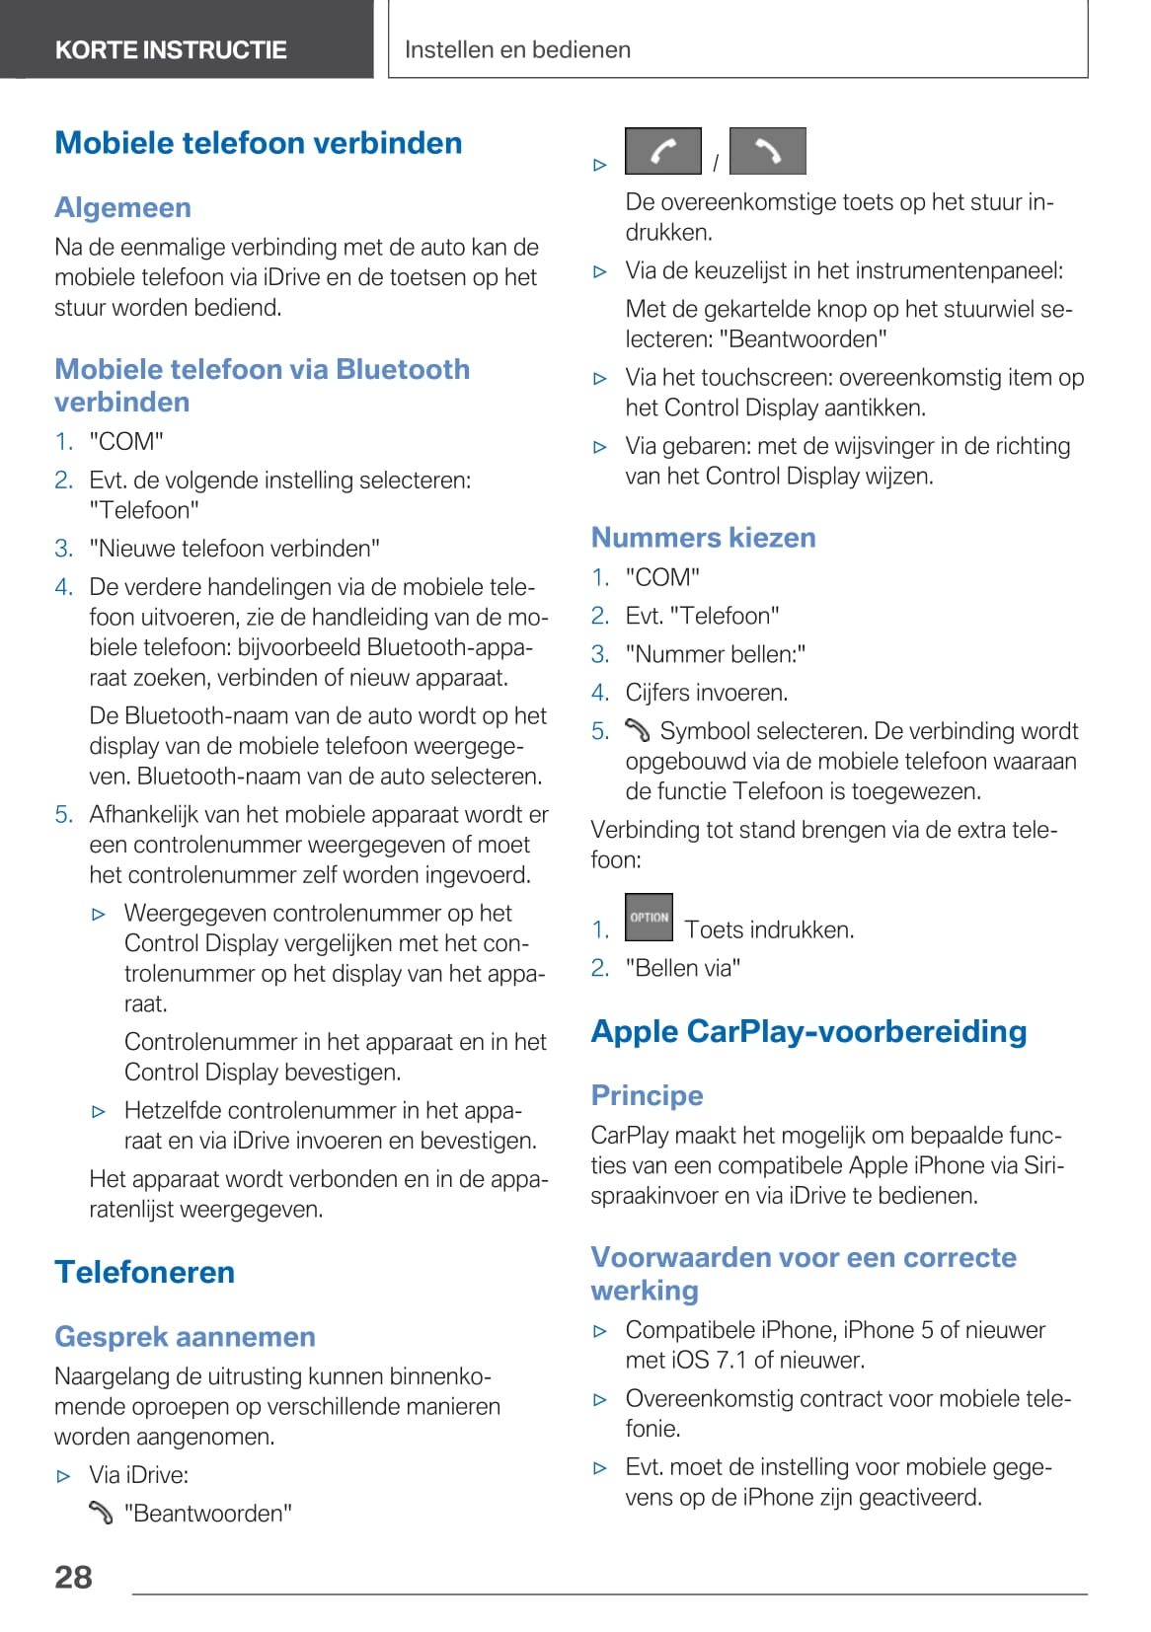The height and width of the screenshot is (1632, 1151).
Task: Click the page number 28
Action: click(73, 1577)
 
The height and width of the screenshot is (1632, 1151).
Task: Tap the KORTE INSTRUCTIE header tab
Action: click(171, 49)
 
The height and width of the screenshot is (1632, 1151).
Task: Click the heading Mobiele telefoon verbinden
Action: click(258, 143)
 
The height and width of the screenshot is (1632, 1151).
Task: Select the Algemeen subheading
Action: click(122, 207)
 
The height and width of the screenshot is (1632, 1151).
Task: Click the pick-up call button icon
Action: click(663, 151)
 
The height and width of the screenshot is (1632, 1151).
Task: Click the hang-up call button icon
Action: click(767, 151)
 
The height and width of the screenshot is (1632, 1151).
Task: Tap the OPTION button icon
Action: click(649, 918)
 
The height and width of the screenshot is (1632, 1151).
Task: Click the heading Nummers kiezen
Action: click(703, 538)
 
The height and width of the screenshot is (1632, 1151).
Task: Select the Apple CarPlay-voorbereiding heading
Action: click(808, 1031)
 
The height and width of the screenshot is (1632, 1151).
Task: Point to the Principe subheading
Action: click(647, 1095)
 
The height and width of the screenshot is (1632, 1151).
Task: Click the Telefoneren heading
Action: click(144, 1272)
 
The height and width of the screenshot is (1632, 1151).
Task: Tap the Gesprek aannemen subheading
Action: click(185, 1337)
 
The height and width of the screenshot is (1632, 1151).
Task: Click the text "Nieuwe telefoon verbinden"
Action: click(234, 549)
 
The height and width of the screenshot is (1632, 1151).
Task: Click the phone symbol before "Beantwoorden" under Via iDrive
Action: click(101, 1513)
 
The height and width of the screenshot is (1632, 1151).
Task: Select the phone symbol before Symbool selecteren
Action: click(638, 730)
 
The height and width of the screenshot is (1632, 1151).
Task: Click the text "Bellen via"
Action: click(682, 968)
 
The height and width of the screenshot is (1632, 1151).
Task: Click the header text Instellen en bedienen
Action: click(517, 49)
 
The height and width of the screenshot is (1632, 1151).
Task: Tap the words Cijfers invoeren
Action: click(706, 693)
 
